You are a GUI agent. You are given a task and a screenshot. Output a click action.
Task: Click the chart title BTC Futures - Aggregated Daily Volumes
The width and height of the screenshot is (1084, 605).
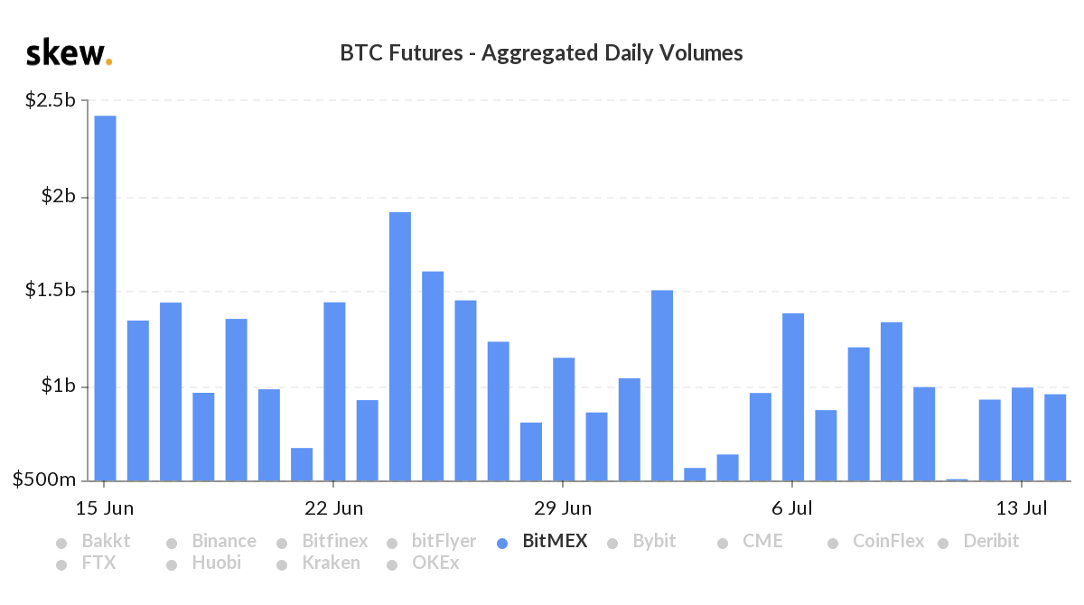point(541,53)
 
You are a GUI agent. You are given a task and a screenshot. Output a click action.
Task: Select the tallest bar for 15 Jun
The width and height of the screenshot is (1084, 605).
point(106,298)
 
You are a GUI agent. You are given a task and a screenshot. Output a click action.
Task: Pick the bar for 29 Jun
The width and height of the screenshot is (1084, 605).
point(564,419)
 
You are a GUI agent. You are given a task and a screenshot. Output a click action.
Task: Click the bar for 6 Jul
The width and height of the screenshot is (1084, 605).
point(793,397)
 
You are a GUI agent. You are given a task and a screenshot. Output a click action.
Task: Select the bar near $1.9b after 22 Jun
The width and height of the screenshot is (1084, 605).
point(400,347)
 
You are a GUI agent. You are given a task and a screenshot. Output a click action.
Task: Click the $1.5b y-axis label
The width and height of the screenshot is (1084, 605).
point(51,292)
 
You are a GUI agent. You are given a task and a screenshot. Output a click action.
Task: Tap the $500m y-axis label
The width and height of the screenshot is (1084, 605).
point(44,481)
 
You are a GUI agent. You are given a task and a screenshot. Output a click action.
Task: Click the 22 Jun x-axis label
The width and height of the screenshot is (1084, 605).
point(334,508)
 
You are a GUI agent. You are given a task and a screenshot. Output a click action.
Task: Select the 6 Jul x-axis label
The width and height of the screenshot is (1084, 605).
point(792,508)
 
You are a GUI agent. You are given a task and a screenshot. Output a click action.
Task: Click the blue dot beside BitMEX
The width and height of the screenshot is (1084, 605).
point(503,544)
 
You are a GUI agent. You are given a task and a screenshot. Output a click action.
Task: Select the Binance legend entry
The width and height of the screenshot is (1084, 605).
point(223,542)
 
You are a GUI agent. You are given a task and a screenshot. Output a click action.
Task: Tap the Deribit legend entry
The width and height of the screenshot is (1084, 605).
point(989,542)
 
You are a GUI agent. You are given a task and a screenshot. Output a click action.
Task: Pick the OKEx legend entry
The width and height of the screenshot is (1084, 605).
point(435,563)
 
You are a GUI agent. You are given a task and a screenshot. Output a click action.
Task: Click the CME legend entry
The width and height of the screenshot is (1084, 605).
point(762,542)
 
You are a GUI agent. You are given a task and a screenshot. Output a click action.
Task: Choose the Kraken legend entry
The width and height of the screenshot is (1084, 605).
point(330,563)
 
